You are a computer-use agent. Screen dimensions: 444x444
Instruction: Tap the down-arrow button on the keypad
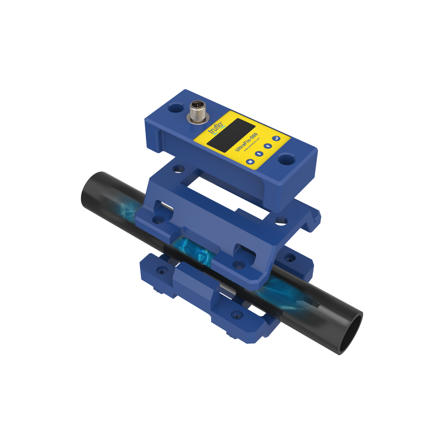click(259, 153)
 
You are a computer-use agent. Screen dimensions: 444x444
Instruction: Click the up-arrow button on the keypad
click(268, 146)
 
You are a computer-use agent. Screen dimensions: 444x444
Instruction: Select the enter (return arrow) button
click(277, 139)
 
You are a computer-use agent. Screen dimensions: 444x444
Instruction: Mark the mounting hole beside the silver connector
click(176, 107)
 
